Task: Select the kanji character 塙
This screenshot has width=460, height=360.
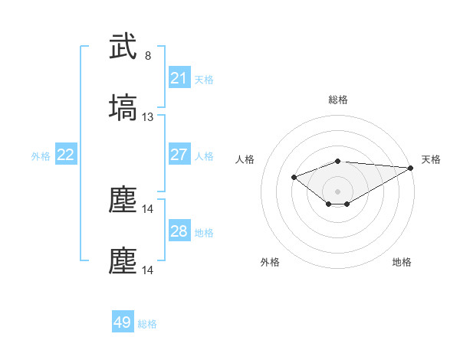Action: [x=123, y=108]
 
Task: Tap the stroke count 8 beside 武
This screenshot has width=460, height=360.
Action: [x=148, y=56]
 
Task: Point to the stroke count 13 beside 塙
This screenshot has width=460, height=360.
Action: [x=148, y=117]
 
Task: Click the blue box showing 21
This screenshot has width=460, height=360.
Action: [x=179, y=78]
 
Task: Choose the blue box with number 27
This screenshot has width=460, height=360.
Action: [x=179, y=155]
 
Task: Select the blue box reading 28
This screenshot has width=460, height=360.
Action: [x=179, y=231]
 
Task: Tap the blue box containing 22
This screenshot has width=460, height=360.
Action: [x=65, y=155]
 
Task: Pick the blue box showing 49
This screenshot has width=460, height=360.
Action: [x=123, y=322]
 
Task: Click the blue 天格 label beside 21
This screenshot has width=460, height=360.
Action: [x=204, y=79]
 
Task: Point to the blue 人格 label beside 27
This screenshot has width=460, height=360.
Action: [x=204, y=155]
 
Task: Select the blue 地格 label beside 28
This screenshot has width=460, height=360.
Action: [x=204, y=232]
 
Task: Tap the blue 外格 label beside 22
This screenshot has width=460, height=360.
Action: [x=41, y=155]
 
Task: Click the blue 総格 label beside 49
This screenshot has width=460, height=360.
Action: [x=147, y=323]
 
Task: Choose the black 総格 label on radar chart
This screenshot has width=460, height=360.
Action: [x=337, y=100]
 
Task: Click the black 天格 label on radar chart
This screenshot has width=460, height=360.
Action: [x=431, y=159]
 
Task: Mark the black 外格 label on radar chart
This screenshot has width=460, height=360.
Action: [x=270, y=262]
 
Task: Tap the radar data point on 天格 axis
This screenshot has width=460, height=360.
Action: [x=411, y=167]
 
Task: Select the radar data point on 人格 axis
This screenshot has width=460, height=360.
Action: [x=294, y=177]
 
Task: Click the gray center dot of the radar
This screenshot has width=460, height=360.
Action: [x=337, y=191]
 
